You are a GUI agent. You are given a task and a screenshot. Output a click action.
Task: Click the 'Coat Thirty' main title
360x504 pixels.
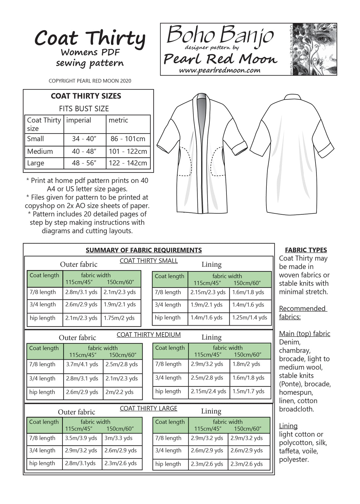(x=90, y=39)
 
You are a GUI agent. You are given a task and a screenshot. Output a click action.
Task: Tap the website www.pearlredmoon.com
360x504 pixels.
(x=220, y=70)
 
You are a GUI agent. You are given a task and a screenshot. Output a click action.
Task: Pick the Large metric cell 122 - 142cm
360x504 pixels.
(x=128, y=163)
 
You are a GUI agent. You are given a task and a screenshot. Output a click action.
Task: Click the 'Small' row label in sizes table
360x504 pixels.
(x=35, y=139)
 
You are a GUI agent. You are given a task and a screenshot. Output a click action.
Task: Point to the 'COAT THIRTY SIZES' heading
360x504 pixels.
(x=86, y=96)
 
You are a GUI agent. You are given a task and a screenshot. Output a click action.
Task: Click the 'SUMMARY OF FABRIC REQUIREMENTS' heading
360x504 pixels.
(x=144, y=250)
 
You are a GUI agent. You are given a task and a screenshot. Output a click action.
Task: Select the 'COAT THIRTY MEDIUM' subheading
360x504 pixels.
(x=149, y=335)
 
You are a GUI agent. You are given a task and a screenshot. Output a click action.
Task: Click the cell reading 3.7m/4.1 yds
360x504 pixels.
(x=82, y=364)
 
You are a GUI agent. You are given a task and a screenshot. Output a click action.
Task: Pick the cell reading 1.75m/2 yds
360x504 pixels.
(x=119, y=318)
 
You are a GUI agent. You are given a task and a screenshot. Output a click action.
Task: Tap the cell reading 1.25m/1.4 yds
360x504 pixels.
(x=250, y=317)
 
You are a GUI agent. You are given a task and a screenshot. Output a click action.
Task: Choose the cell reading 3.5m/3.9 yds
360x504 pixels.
(x=81, y=438)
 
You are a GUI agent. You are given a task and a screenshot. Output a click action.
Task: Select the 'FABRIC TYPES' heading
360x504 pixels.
(x=306, y=250)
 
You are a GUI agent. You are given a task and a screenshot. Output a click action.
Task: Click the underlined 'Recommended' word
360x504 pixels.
(x=302, y=309)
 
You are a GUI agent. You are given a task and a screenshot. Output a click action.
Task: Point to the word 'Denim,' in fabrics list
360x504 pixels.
(x=290, y=342)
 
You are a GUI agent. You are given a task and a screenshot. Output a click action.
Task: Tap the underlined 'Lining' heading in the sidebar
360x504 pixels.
(x=288, y=426)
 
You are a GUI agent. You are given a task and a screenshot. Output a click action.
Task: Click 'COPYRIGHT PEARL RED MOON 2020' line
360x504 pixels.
(x=90, y=81)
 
